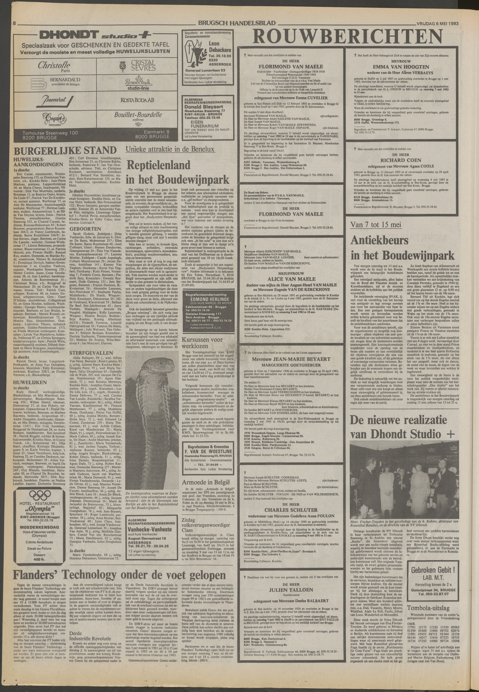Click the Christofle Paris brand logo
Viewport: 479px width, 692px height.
click(54, 67)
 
